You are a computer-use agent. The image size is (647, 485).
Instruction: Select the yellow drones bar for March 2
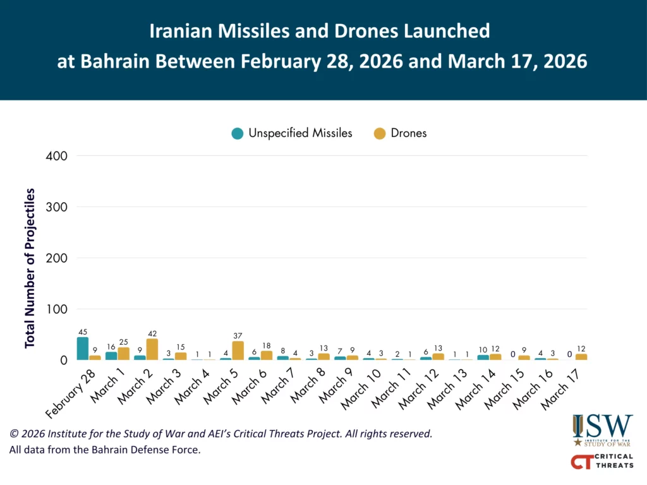pos(152,349)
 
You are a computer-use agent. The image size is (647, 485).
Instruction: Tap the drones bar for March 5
pos(238,350)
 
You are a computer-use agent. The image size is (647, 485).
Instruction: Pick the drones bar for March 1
pos(123,354)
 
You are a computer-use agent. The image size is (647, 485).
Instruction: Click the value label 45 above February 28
pos(83,332)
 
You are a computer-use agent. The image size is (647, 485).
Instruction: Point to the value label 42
pos(152,333)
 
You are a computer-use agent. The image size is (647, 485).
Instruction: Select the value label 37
pos(238,336)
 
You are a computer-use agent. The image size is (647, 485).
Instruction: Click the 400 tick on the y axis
pos(59,155)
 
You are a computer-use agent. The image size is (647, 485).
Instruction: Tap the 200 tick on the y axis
pos(59,258)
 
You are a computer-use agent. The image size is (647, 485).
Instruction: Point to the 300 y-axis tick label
pos(59,207)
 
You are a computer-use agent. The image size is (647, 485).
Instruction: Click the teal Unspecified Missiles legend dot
pos(238,133)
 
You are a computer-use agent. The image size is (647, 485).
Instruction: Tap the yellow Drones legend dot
pos(379,133)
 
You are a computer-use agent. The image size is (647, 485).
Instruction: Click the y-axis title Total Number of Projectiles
pos(30,267)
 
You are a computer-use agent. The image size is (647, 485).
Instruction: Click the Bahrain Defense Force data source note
pos(104,450)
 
